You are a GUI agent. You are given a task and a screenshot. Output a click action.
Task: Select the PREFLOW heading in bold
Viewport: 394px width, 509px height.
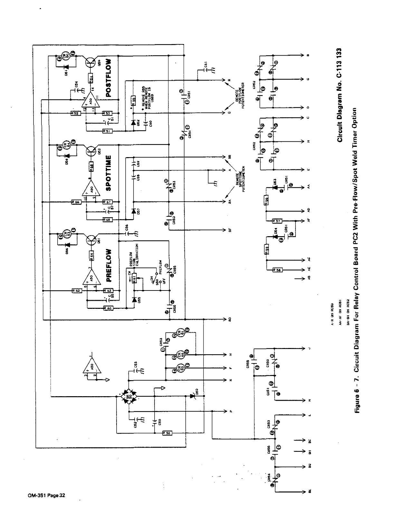click(108, 265)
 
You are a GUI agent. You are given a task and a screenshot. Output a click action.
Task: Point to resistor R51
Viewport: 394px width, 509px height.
click(107, 131)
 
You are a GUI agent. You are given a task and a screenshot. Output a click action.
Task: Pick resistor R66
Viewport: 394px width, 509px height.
click(76, 202)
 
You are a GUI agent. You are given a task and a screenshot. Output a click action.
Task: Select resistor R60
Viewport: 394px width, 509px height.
click(108, 308)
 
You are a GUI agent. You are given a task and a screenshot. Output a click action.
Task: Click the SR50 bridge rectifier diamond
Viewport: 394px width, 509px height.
click(129, 397)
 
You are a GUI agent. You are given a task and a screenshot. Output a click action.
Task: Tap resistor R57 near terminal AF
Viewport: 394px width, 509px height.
click(277, 221)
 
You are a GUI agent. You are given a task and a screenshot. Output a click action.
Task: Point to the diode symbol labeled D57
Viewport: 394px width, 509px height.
click(133, 211)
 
